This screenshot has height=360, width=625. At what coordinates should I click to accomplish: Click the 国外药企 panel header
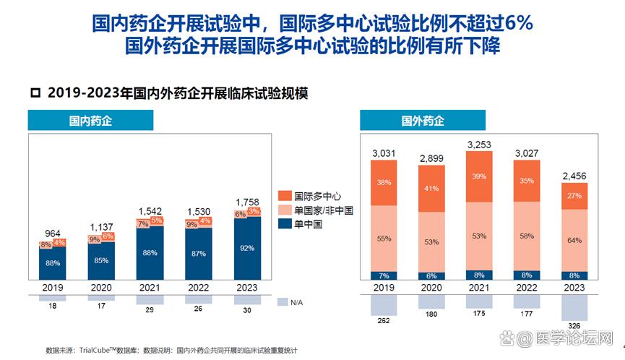(422, 120)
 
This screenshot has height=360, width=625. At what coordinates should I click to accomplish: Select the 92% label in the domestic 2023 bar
(247, 248)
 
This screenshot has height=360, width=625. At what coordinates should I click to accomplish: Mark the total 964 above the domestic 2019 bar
(53, 233)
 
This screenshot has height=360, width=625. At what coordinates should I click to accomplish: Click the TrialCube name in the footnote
(98, 351)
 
